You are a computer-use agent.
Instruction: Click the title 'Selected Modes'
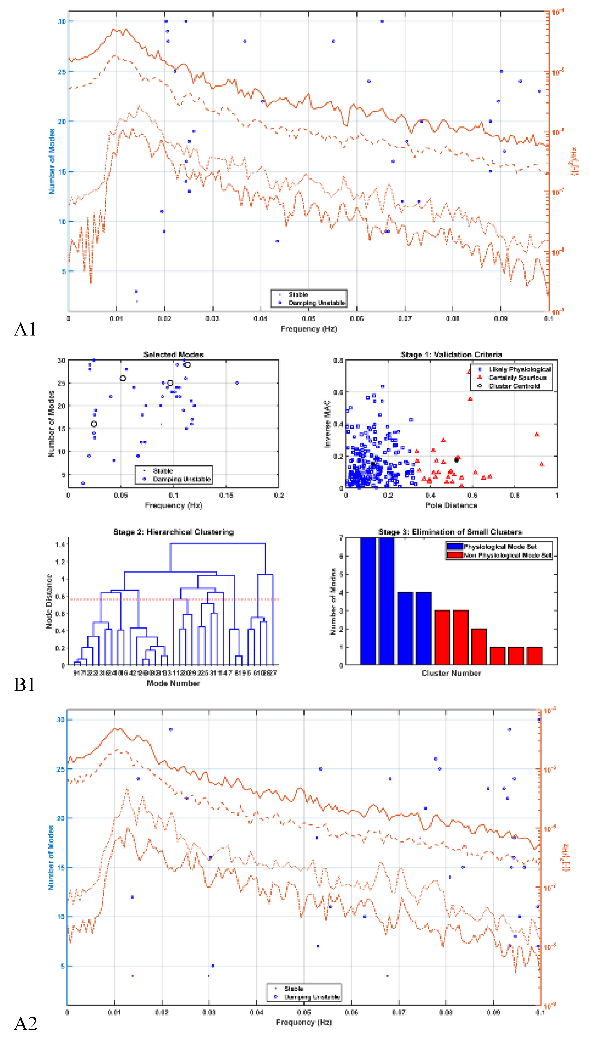(x=173, y=355)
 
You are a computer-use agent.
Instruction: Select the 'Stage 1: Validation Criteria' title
(x=451, y=355)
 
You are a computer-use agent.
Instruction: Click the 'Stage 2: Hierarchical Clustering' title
(x=173, y=532)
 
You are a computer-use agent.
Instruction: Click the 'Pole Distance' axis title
(x=451, y=505)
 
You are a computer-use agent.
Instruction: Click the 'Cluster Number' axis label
(x=451, y=673)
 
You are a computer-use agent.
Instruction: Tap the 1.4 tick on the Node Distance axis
(x=60, y=544)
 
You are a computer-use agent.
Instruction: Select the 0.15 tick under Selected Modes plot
(x=226, y=495)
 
